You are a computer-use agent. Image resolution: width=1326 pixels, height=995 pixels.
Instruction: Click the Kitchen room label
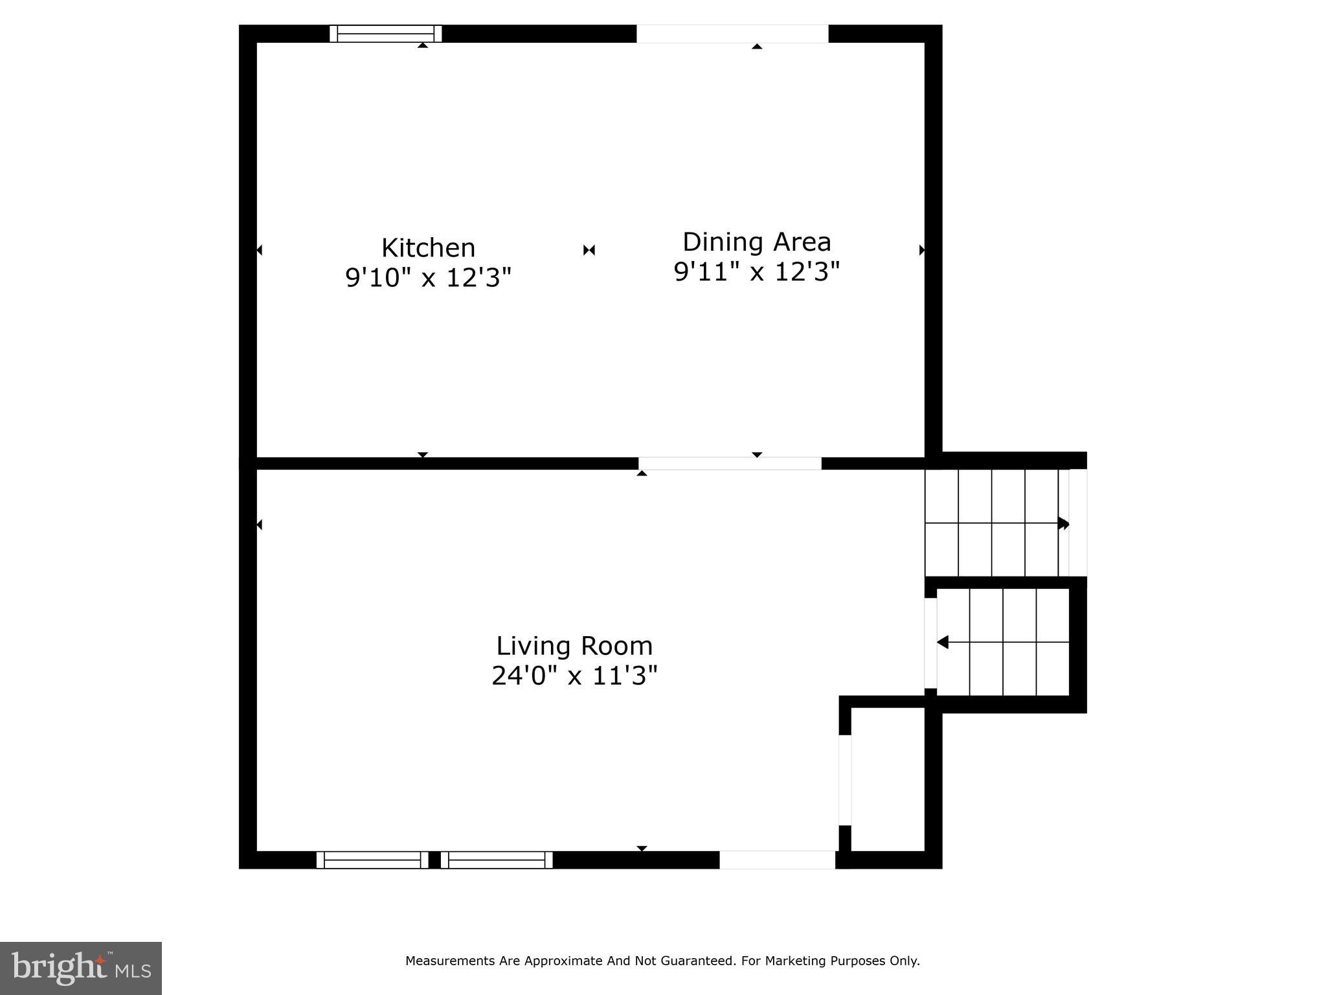click(x=428, y=248)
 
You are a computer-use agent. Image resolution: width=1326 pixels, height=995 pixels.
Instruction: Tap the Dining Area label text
click(x=756, y=242)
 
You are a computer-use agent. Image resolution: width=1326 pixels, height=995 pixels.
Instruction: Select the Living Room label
click(x=574, y=646)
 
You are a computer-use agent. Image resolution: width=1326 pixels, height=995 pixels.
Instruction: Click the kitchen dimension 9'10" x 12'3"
click(x=428, y=278)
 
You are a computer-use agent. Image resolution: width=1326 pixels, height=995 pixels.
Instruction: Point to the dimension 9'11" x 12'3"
click(x=756, y=272)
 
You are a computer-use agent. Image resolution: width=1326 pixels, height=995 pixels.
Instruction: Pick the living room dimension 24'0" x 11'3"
click(x=574, y=676)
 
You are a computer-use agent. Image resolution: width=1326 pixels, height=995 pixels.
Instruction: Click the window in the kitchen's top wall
click(x=385, y=34)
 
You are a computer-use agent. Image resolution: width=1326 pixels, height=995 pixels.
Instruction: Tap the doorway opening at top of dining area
click(x=732, y=34)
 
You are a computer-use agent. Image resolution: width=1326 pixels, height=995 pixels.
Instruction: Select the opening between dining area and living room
click(x=730, y=463)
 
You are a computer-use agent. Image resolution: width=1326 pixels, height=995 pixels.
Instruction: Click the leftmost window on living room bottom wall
click(x=372, y=860)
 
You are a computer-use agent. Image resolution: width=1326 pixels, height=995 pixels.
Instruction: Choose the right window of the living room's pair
click(x=497, y=860)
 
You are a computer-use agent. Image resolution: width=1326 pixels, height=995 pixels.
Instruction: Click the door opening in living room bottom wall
click(x=777, y=860)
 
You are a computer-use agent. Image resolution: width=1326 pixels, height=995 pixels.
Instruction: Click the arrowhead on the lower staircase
click(x=943, y=642)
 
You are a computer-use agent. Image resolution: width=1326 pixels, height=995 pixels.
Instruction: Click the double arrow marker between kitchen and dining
click(x=589, y=250)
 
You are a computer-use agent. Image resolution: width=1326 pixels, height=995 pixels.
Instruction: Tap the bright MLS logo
click(x=80, y=968)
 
